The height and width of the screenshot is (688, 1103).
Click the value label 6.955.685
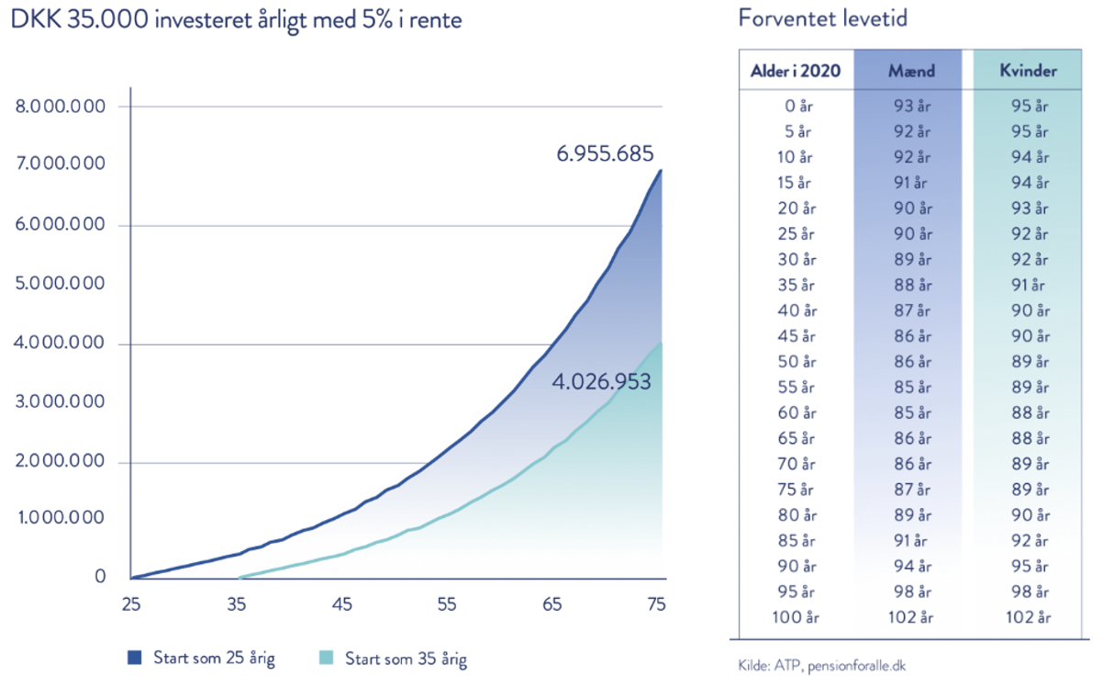605,153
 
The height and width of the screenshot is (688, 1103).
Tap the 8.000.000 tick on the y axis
61,107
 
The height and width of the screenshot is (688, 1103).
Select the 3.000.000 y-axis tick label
61,402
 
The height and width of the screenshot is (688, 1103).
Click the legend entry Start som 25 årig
201,658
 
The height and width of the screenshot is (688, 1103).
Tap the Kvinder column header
1029,71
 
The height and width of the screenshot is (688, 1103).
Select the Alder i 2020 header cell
796,71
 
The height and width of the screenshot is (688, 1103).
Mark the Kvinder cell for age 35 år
1029,284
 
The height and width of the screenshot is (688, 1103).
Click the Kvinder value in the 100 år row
1029,617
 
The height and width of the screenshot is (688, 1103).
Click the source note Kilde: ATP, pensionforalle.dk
822,665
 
